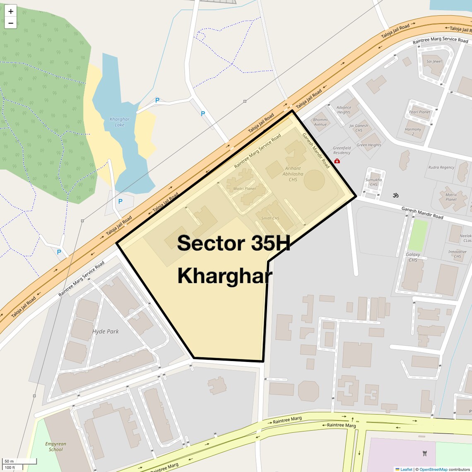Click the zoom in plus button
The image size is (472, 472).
11,11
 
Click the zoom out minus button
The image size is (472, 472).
11,23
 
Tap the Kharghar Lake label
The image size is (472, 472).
119,122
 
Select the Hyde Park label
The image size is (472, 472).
106,331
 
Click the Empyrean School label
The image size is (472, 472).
55,446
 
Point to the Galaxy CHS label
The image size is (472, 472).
413,257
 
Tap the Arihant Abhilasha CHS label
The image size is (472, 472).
293,174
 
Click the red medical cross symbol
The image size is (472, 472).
337,161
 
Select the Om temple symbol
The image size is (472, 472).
395,195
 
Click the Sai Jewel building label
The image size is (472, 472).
434,61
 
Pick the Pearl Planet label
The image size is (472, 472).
419,112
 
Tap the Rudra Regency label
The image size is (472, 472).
441,167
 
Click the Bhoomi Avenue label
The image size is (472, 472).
320,122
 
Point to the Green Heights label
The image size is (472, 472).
368,145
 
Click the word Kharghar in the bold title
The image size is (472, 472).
224,276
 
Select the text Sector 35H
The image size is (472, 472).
234,243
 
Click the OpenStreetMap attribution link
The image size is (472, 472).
433,469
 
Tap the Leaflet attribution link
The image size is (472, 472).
406,469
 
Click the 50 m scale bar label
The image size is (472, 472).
9,461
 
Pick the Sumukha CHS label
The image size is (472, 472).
373,182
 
